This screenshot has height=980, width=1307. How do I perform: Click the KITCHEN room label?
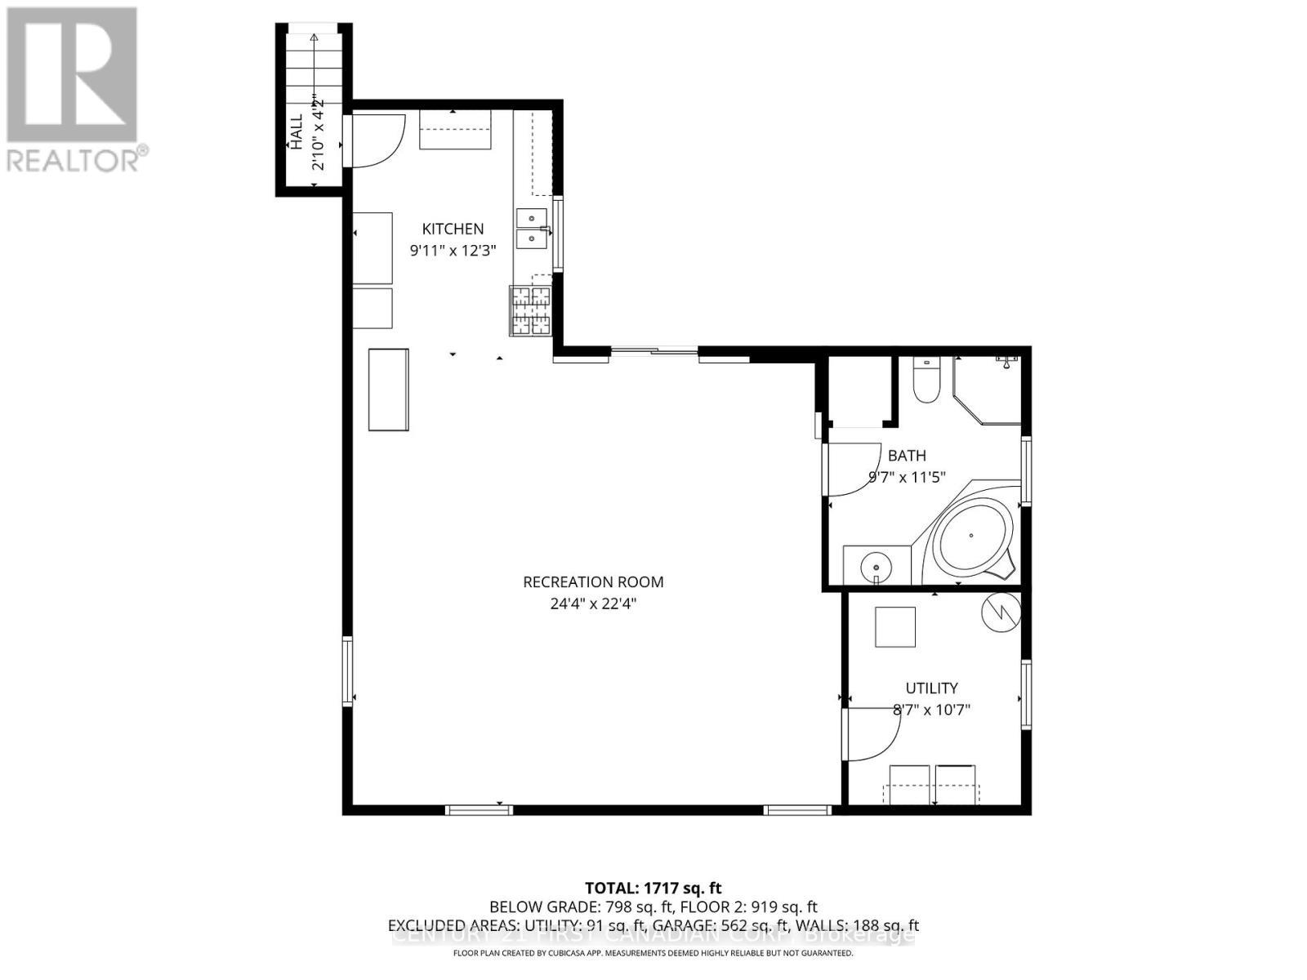[453, 229]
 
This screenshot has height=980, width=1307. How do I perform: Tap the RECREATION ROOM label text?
[593, 582]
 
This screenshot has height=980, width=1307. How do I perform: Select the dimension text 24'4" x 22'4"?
[593, 604]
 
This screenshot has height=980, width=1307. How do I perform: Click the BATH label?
[907, 456]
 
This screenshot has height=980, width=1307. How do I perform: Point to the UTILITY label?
[931, 688]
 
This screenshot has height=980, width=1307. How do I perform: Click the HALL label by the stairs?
[296, 131]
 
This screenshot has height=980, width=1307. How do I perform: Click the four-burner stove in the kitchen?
[531, 311]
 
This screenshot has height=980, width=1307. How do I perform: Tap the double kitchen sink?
[533, 228]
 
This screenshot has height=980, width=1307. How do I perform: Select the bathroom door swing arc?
[854, 469]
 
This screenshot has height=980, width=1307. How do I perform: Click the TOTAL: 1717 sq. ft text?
[653, 888]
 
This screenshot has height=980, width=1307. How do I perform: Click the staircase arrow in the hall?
[314, 65]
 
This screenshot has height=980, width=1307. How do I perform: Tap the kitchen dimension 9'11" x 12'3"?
[453, 251]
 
